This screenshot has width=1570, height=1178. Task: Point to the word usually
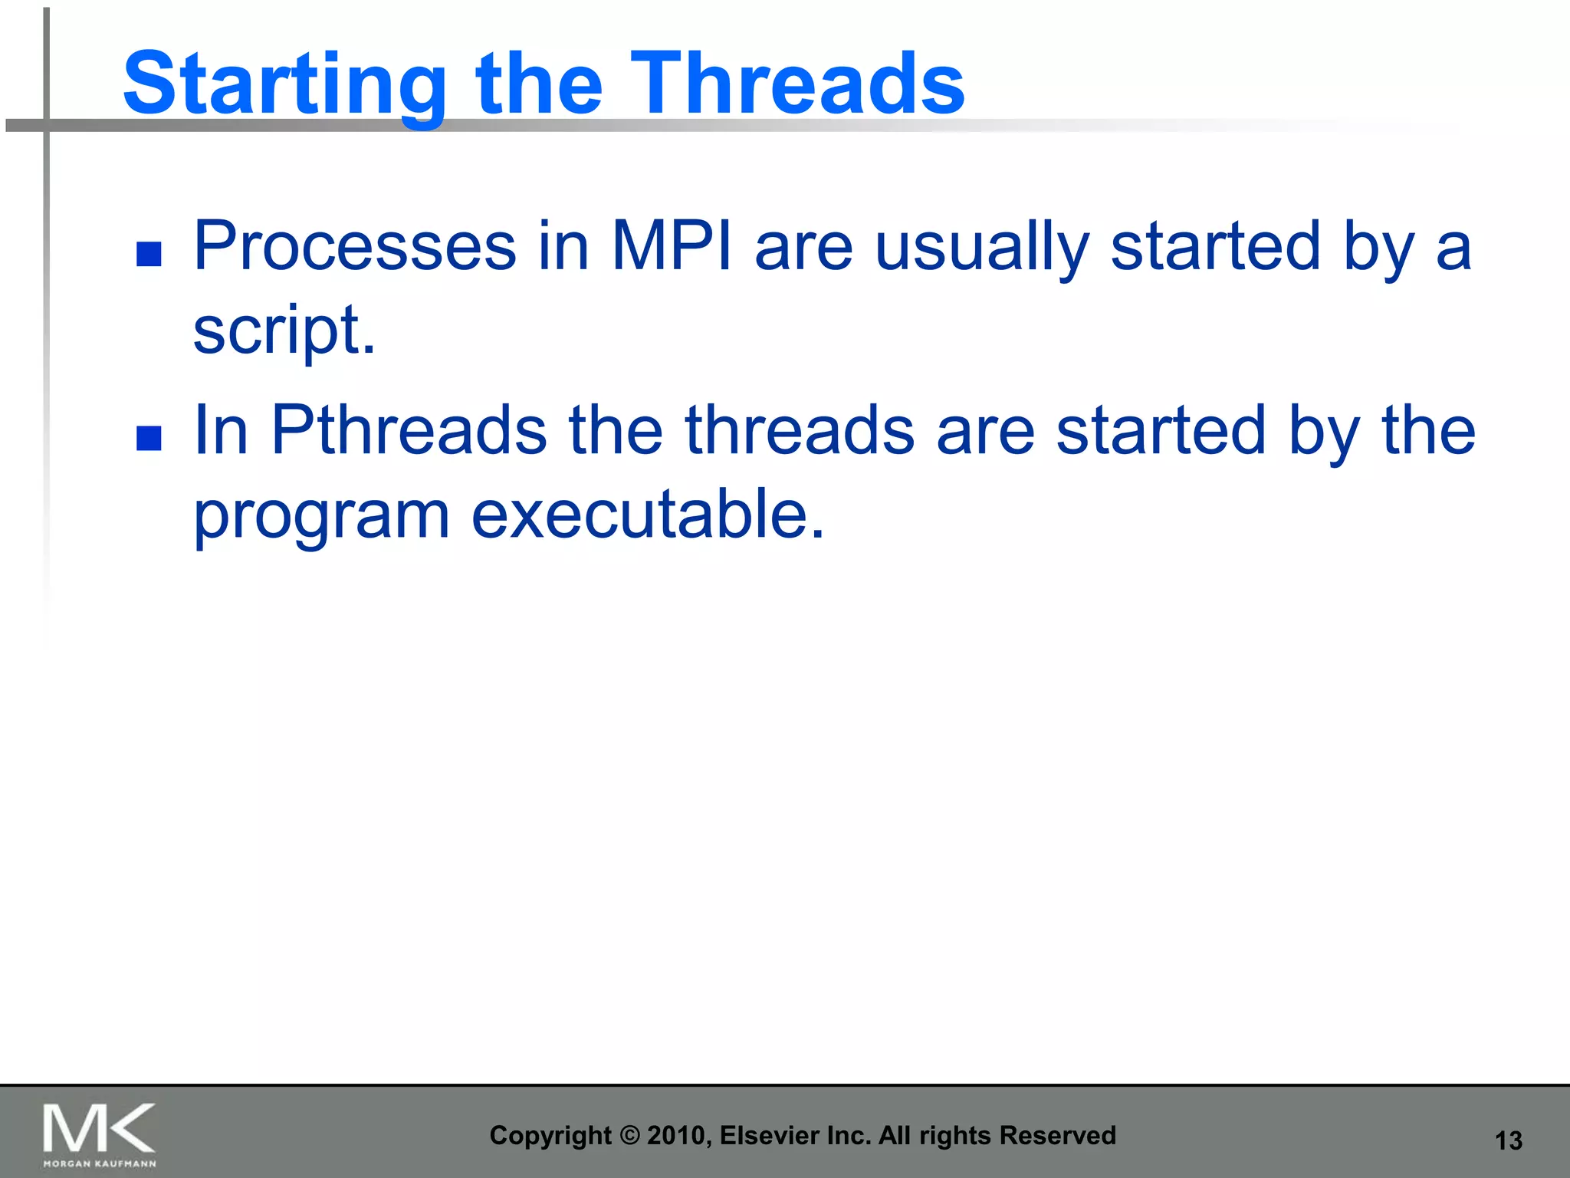982,248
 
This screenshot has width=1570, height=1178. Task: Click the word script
284,331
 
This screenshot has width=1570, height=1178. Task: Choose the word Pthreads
409,430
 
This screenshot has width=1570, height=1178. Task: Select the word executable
648,513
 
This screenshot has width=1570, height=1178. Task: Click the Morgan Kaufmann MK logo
100,1135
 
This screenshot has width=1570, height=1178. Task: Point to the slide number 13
1509,1140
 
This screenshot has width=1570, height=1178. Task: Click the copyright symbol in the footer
629,1136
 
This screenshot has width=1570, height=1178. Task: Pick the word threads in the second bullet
800,430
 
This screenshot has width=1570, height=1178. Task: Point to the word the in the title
539,82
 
